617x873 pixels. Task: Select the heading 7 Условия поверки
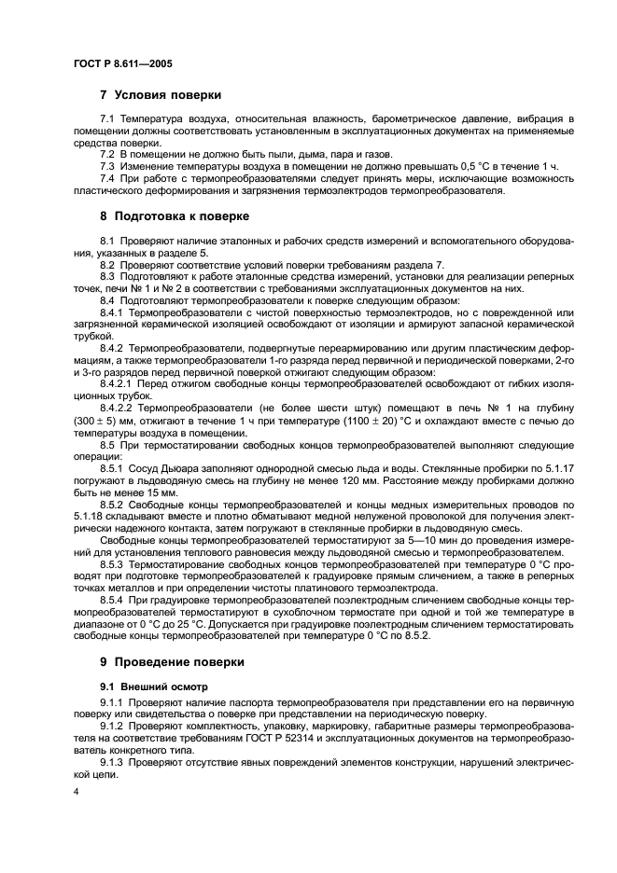(161, 95)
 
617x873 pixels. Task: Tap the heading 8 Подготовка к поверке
(175, 216)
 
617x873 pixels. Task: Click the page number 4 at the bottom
(77, 791)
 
